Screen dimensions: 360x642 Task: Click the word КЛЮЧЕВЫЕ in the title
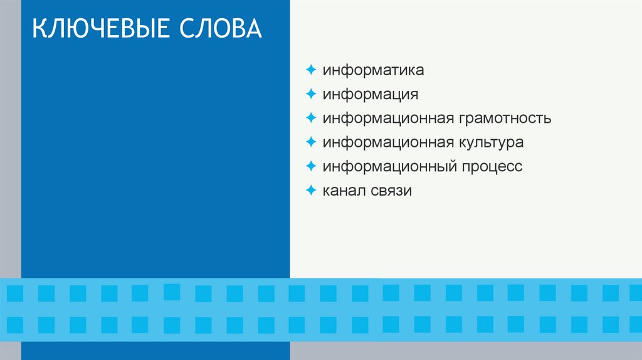[100, 30]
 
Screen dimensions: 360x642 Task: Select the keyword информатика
[374, 70]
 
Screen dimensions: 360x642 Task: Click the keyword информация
[371, 94]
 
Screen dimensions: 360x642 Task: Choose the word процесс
[492, 167]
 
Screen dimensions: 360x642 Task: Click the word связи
[392, 191]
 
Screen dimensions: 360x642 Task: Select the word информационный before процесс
[391, 167]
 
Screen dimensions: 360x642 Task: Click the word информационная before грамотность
[388, 118]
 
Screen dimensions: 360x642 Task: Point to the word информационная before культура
[388, 142]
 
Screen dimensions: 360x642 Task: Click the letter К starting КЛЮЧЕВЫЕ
[38, 30]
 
